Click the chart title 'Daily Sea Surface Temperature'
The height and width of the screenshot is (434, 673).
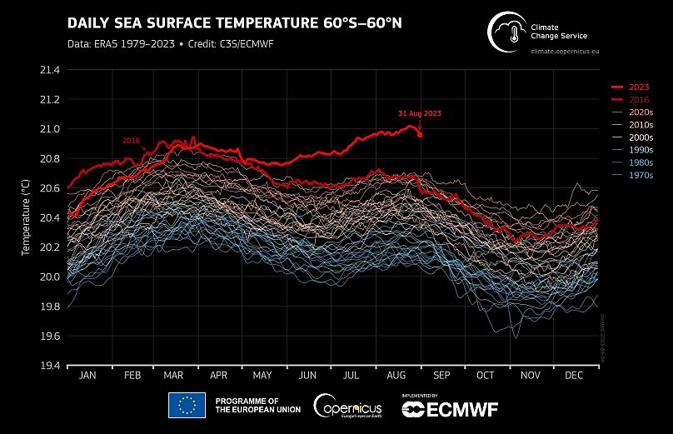(234, 22)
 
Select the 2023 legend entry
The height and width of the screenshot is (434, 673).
(639, 87)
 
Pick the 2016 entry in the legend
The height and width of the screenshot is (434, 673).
(639, 99)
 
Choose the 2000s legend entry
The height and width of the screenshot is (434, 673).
(640, 137)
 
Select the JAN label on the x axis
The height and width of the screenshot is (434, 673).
(87, 377)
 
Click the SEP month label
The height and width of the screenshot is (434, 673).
(441, 377)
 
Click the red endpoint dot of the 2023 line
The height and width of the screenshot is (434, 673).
(420, 134)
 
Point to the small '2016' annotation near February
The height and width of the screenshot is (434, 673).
(131, 141)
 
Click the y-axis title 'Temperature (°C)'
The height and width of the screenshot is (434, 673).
(26, 218)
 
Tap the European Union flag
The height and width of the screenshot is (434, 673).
(187, 405)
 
